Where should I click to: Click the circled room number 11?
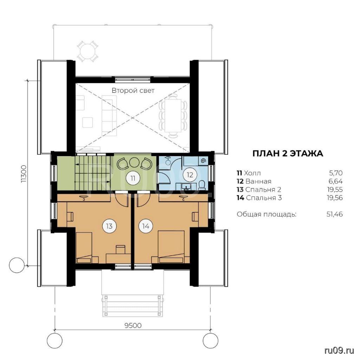(133, 178)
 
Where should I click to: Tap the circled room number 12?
(190, 175)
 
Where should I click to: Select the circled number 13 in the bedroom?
(109, 226)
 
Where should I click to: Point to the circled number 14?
(146, 226)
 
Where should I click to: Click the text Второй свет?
(133, 90)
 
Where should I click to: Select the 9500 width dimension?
(133, 325)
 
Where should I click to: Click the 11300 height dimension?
(24, 174)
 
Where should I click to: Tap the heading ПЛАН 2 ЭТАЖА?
(288, 153)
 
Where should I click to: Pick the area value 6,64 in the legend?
(335, 181)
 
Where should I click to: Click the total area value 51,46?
(335, 214)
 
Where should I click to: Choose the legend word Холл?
(252, 173)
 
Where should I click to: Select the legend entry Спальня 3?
(264, 198)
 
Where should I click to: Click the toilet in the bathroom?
(202, 185)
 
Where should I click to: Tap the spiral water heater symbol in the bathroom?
(204, 161)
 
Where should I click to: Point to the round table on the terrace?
(88, 51)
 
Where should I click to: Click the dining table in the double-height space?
(173, 115)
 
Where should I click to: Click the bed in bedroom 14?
(171, 247)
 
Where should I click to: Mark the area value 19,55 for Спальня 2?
(335, 189)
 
